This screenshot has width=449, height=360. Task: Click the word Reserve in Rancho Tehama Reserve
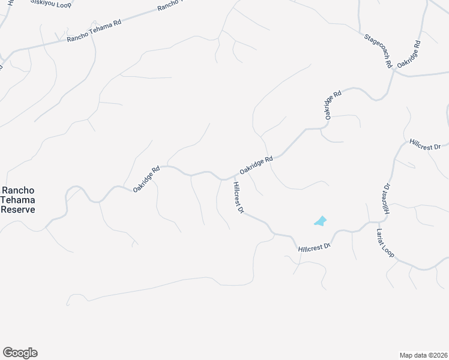(17, 209)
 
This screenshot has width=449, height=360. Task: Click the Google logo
(20, 353)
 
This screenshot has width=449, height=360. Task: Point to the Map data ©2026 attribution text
(423, 355)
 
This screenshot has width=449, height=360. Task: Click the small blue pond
(321, 221)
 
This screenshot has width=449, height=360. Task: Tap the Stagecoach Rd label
(378, 50)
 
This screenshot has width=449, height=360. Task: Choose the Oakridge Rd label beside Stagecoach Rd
(409, 54)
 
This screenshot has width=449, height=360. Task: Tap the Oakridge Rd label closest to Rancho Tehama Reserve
(146, 179)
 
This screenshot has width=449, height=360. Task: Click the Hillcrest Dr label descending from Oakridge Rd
(238, 197)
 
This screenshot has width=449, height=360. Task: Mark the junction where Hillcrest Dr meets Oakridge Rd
(231, 178)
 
